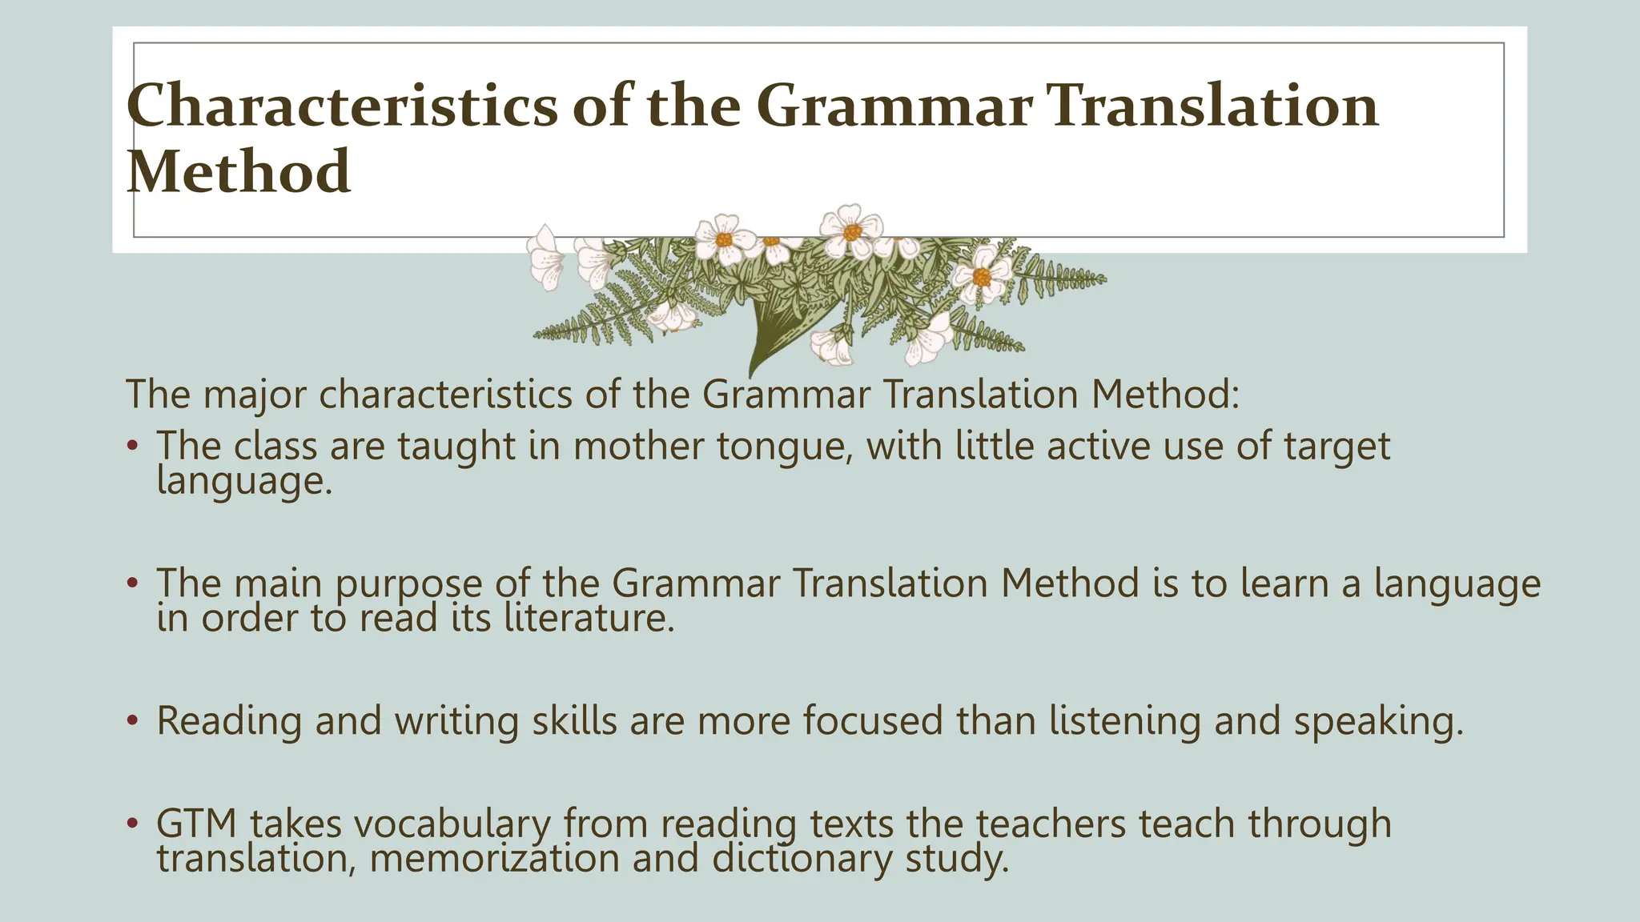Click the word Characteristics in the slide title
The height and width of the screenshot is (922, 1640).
[x=342, y=106]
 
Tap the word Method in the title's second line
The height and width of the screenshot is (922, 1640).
[x=239, y=172]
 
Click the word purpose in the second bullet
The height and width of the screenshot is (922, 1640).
[x=408, y=583]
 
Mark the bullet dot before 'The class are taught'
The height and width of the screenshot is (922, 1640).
[x=133, y=446]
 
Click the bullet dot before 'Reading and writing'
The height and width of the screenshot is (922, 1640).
[x=133, y=720]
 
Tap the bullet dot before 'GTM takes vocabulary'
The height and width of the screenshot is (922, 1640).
[x=133, y=824]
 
